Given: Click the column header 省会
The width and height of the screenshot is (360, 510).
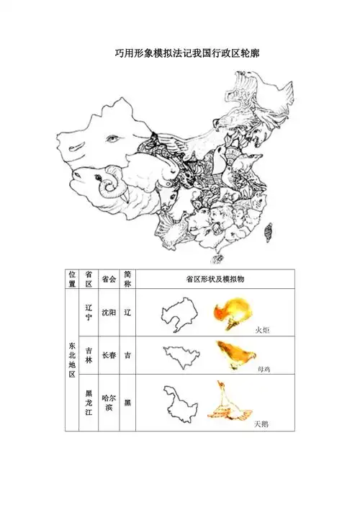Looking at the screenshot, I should click(x=109, y=279).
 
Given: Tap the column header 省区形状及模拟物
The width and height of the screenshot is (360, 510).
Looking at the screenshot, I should click(x=215, y=279).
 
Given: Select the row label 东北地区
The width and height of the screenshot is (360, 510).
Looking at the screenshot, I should click(x=72, y=359).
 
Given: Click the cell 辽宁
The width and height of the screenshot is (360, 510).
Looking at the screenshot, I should click(x=89, y=313).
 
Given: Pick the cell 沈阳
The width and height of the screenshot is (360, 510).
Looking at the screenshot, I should click(x=109, y=313).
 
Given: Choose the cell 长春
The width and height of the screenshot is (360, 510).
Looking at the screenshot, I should click(x=109, y=355).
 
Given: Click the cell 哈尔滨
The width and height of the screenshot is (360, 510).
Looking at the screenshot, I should click(x=109, y=403).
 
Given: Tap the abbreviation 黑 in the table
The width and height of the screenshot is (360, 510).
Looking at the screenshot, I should click(x=127, y=403).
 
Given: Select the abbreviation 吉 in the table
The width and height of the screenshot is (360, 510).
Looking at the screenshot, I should click(x=127, y=355).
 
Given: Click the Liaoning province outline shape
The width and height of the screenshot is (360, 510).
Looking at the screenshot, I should click(x=179, y=314).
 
